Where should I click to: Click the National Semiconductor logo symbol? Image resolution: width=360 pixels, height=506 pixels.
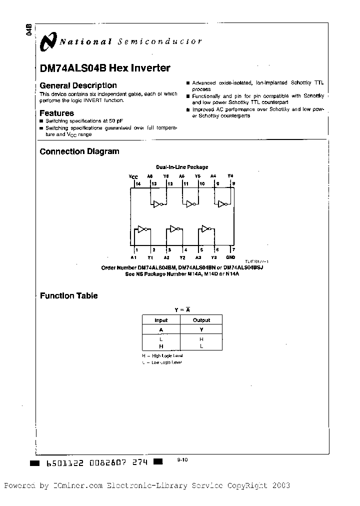click(49, 42)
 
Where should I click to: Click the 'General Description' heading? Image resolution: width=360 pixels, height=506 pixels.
click(78, 85)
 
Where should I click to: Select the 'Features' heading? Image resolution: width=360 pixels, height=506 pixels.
click(56, 113)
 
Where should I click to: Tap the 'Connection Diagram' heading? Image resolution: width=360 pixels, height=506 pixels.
click(79, 151)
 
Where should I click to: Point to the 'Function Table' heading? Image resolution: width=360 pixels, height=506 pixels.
click(68, 295)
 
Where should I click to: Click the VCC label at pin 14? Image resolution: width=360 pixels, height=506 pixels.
click(133, 176)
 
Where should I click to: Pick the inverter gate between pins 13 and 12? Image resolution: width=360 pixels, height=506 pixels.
click(158, 204)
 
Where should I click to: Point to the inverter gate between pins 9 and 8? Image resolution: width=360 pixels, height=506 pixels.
click(222, 204)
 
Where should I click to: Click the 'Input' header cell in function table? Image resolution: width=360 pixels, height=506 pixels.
click(161, 320)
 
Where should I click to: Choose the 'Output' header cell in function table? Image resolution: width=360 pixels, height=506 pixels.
click(201, 320)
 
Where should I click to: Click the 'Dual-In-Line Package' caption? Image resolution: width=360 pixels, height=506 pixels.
click(182, 167)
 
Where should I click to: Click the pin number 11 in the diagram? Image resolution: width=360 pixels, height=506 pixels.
click(185, 184)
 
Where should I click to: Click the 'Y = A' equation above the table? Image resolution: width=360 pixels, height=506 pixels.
click(182, 309)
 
